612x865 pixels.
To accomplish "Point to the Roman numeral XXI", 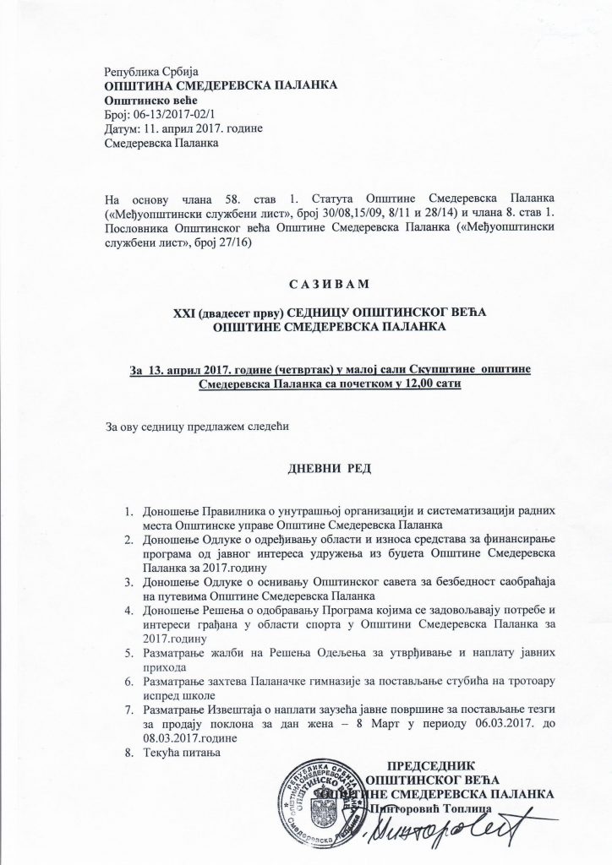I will coord(187,313).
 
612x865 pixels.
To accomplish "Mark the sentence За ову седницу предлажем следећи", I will coord(197,426).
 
